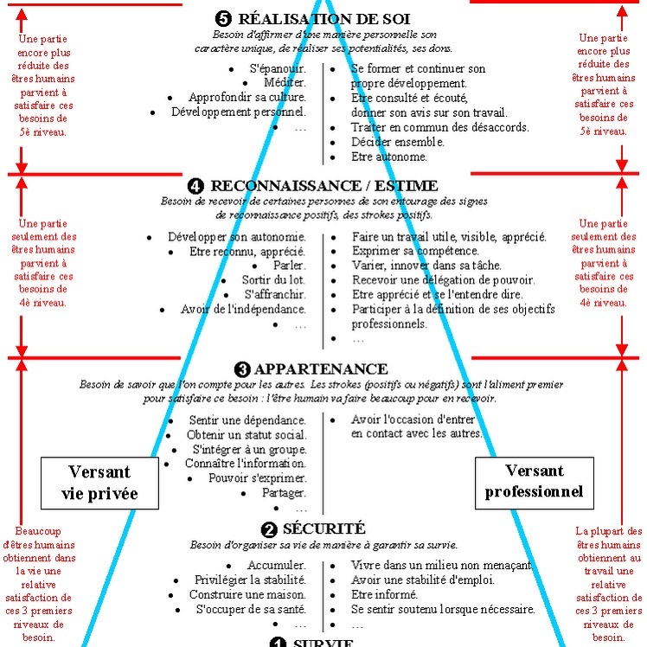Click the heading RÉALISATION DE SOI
323,19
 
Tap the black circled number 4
195,186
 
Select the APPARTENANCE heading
321,368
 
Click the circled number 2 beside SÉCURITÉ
269,529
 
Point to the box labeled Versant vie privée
99,483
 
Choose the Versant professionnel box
535,483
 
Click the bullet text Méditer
285,82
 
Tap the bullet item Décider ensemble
398,142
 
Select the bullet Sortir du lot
273,279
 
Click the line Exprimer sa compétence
415,251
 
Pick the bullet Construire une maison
247,594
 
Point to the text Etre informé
384,594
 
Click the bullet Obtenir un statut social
247,435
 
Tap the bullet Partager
284,493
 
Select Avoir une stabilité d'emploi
423,580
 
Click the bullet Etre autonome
389,157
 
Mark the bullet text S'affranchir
275,295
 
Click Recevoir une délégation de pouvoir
444,280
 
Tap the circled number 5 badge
223,18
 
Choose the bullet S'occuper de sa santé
251,610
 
